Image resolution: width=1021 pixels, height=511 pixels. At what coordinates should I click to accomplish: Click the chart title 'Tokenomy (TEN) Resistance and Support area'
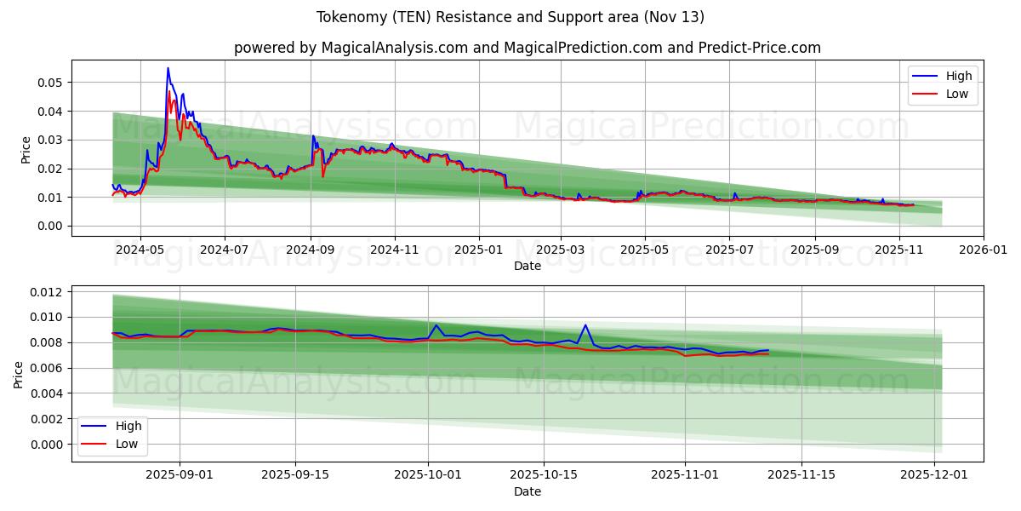[510, 17]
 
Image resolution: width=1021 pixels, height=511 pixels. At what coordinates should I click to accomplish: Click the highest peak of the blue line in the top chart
[168, 68]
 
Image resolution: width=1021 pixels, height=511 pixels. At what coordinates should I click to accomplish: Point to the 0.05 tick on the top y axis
[53, 83]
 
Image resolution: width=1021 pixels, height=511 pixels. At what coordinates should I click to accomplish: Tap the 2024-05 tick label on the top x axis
[140, 250]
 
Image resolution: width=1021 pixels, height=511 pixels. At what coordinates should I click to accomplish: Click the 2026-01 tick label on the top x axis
[983, 250]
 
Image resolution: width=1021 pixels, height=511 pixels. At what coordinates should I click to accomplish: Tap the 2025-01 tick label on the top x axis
[478, 250]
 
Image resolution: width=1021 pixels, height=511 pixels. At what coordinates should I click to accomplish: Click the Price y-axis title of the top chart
[26, 148]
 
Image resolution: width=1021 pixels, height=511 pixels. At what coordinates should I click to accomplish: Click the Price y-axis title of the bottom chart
[19, 374]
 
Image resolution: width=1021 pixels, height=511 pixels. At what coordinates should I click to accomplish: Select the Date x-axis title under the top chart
[528, 267]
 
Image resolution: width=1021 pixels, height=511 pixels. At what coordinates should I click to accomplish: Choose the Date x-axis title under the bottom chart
[528, 492]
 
